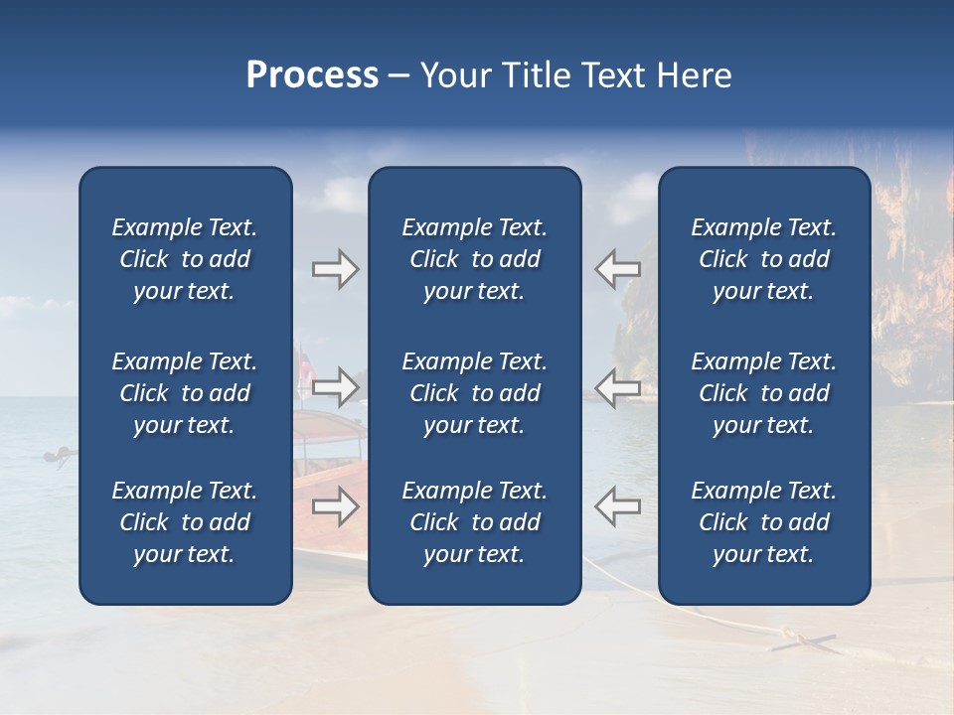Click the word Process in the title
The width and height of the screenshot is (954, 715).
312,75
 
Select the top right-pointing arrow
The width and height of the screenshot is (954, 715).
335,269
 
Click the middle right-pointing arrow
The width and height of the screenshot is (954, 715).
335,386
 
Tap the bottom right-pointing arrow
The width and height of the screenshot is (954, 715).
335,506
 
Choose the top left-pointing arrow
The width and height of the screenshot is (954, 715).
617,269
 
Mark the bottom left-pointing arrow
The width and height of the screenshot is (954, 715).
617,506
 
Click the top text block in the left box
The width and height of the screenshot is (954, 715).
184,259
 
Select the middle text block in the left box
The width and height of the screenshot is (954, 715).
184,393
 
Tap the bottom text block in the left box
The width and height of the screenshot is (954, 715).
184,522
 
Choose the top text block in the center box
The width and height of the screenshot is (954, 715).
474,259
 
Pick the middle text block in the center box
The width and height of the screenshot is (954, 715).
474,393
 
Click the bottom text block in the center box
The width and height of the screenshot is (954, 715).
474,522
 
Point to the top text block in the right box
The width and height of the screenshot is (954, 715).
763,259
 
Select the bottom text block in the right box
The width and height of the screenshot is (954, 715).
763,522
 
